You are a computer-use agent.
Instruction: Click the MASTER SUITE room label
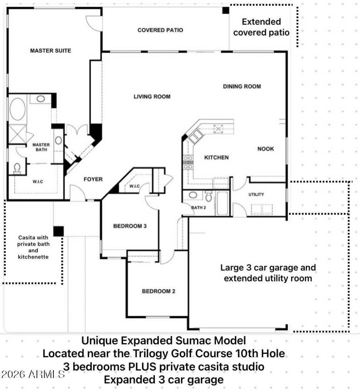(51, 51)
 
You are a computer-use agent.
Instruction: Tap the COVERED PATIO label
(160, 30)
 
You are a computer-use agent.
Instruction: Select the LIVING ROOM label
(152, 97)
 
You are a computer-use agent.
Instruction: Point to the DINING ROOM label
(242, 86)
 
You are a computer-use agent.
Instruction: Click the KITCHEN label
(216, 158)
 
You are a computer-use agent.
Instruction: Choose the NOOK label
(265, 149)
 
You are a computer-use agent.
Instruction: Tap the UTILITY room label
(256, 194)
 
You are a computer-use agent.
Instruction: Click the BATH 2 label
(198, 208)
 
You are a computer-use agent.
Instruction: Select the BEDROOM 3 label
(130, 226)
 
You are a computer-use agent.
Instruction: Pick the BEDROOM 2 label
(159, 291)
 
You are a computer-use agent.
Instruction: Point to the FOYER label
(93, 179)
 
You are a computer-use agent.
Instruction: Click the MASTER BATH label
(41, 147)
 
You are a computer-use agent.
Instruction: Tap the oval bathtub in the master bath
(17, 109)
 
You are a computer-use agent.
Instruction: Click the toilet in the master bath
(17, 169)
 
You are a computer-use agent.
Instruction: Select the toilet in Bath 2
(208, 197)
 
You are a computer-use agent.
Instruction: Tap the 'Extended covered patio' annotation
(261, 27)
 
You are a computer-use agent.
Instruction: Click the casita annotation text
(33, 247)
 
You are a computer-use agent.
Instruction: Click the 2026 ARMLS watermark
(33, 374)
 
